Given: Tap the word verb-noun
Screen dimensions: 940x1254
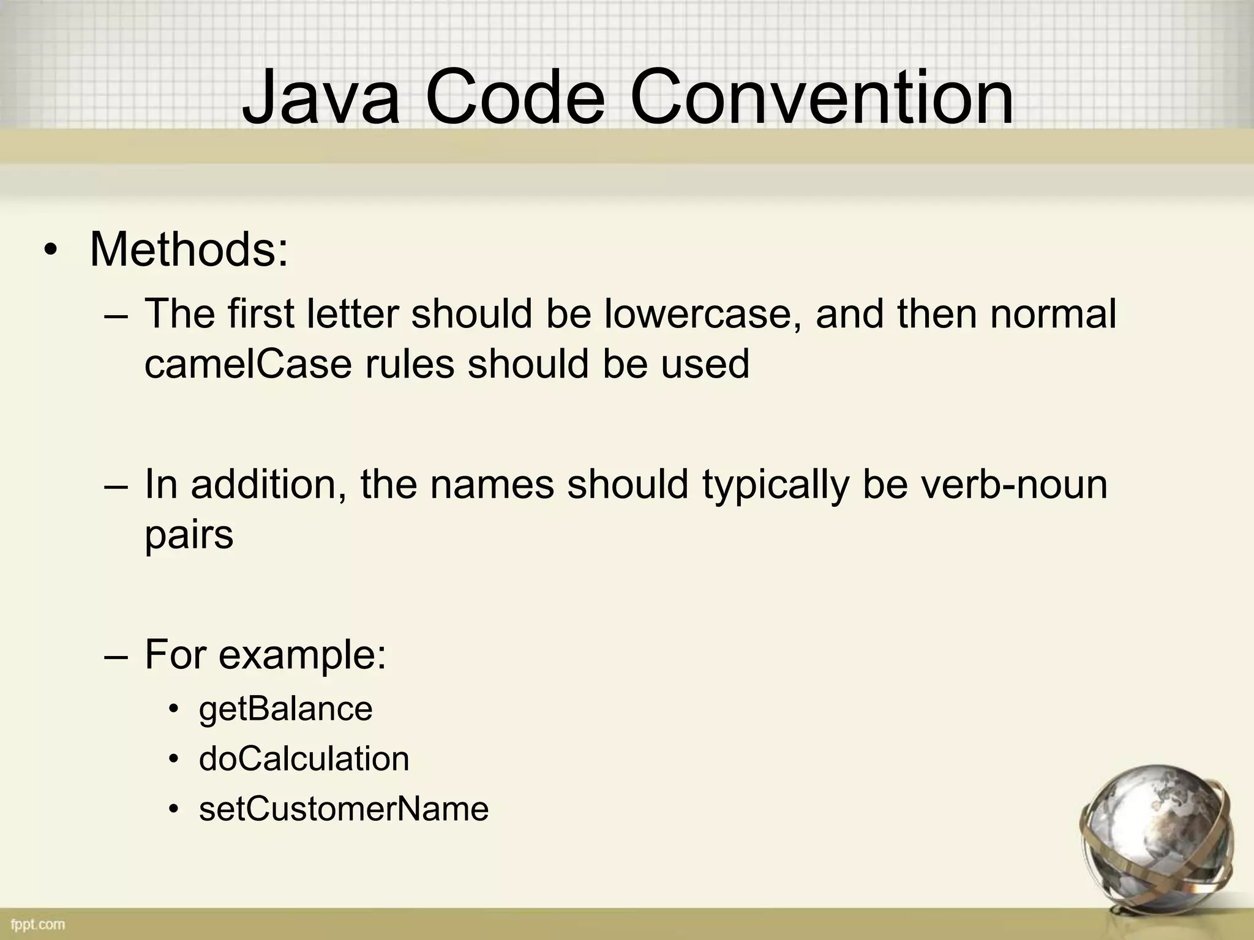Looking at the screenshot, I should click(1014, 484).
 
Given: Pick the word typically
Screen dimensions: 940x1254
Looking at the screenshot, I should click(775, 484).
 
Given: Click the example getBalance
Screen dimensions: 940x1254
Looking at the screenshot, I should click(285, 709).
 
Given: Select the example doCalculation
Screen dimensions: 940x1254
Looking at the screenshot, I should click(304, 759).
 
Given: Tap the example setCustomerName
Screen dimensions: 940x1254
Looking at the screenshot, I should click(344, 808).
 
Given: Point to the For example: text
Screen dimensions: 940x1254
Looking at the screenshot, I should click(265, 655).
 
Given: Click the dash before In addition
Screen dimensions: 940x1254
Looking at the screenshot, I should click(116, 485).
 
